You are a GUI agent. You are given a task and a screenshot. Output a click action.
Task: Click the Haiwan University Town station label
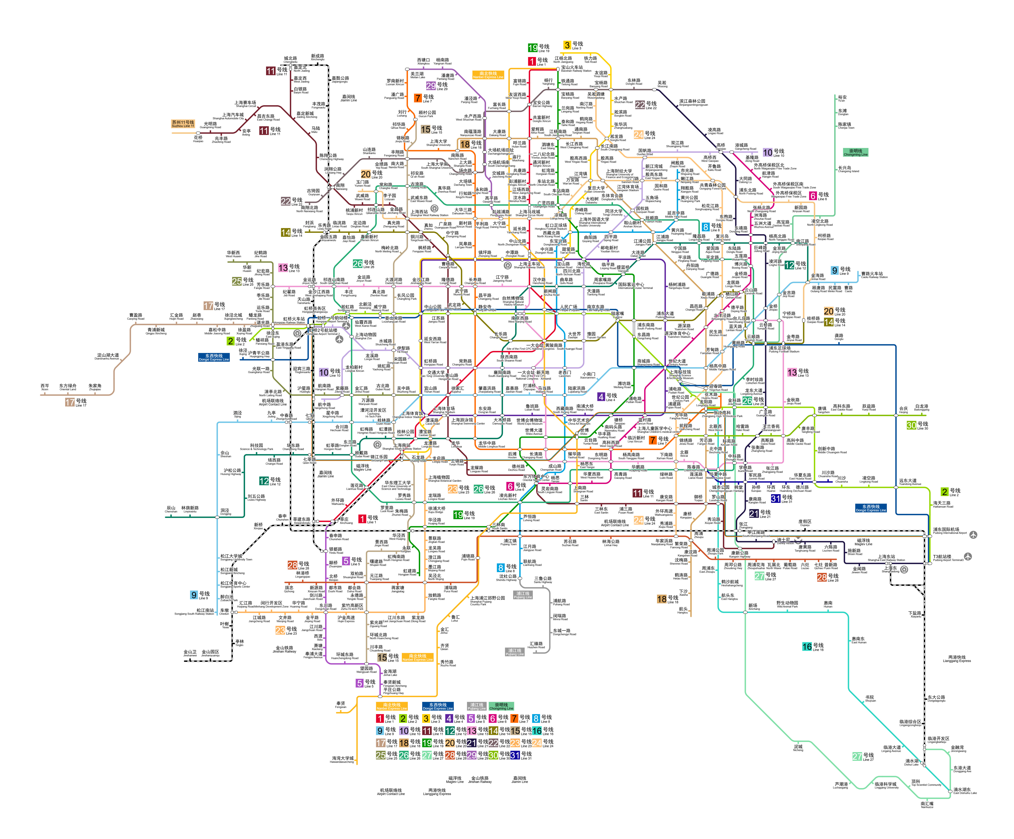pos(342,759)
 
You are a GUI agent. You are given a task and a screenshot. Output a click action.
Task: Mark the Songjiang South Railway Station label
pos(194,612)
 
